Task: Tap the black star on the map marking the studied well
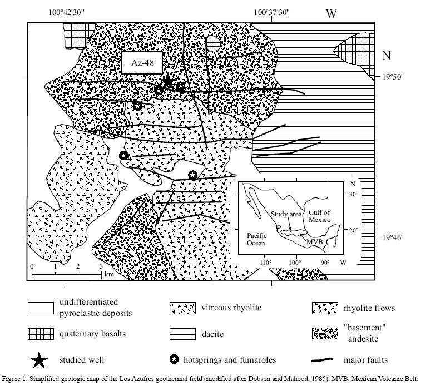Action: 167,82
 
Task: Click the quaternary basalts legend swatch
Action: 41,334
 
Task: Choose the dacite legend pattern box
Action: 183,334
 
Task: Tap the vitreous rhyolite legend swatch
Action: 183,308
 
